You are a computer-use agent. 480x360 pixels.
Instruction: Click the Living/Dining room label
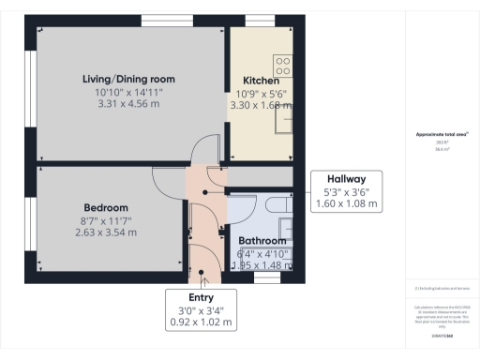[x=128, y=79]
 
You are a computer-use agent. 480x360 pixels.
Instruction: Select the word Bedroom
[x=106, y=207]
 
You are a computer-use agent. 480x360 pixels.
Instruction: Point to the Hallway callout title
[x=346, y=179]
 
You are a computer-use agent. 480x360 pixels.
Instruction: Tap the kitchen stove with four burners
[x=283, y=66]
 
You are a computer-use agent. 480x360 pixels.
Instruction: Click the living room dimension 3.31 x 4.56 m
[x=128, y=104]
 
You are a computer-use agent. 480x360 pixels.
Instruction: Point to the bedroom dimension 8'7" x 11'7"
[x=106, y=220]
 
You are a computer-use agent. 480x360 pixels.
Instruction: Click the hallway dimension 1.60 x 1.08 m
[x=346, y=203]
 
